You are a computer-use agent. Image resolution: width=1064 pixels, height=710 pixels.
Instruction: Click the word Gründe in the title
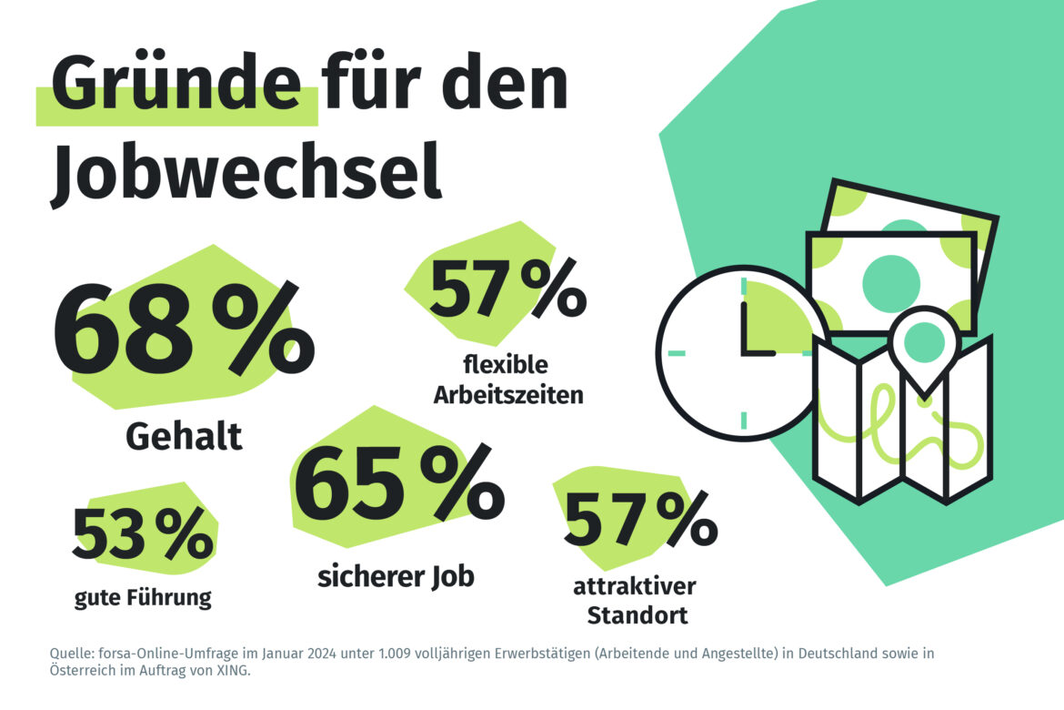pos(176,85)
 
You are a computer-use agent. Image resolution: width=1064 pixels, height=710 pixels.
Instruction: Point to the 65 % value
pos(398,490)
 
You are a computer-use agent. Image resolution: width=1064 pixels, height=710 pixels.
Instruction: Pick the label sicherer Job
pos(396,577)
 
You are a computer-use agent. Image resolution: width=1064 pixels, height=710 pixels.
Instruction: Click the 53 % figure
pos(143,535)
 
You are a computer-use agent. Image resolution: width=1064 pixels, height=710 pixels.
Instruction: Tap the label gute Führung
pos(142,598)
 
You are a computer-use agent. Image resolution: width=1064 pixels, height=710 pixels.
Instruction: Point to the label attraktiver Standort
pos(636,600)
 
